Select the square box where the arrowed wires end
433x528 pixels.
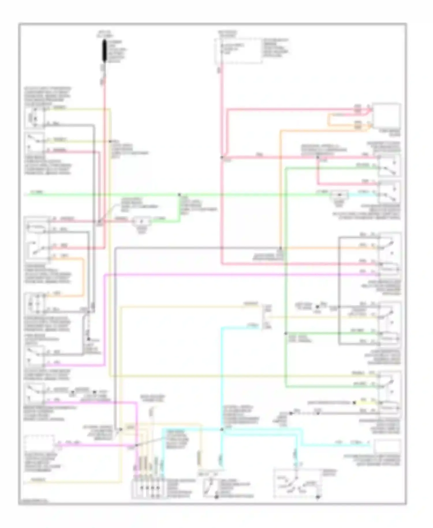[x=386, y=116]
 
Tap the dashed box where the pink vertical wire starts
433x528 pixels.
[x=238, y=51]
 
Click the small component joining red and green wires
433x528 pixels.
[x=141, y=222]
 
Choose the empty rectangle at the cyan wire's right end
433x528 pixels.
[x=387, y=446]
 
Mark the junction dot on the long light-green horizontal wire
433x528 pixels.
[x=179, y=195]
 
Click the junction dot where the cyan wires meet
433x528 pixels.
[x=222, y=430]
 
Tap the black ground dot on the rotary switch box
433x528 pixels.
[x=318, y=497]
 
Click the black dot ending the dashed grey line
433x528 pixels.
[x=89, y=339]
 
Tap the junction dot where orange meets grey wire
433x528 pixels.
[x=280, y=248]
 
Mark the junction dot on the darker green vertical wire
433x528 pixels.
[x=285, y=333]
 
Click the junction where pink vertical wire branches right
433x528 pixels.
[x=222, y=157]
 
